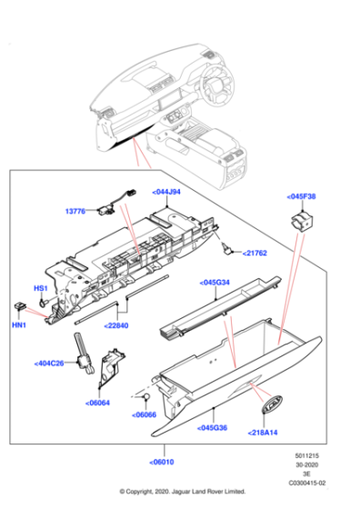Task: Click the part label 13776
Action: pyautogui.click(x=75, y=211)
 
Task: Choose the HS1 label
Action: pyautogui.click(x=41, y=288)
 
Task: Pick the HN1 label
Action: pyautogui.click(x=19, y=324)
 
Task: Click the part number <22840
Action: pyautogui.click(x=117, y=324)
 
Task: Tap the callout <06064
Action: pyautogui.click(x=98, y=402)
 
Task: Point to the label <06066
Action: pyautogui.click(x=145, y=414)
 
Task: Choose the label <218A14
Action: pyautogui.click(x=265, y=434)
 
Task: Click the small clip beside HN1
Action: pyautogui.click(x=19, y=306)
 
